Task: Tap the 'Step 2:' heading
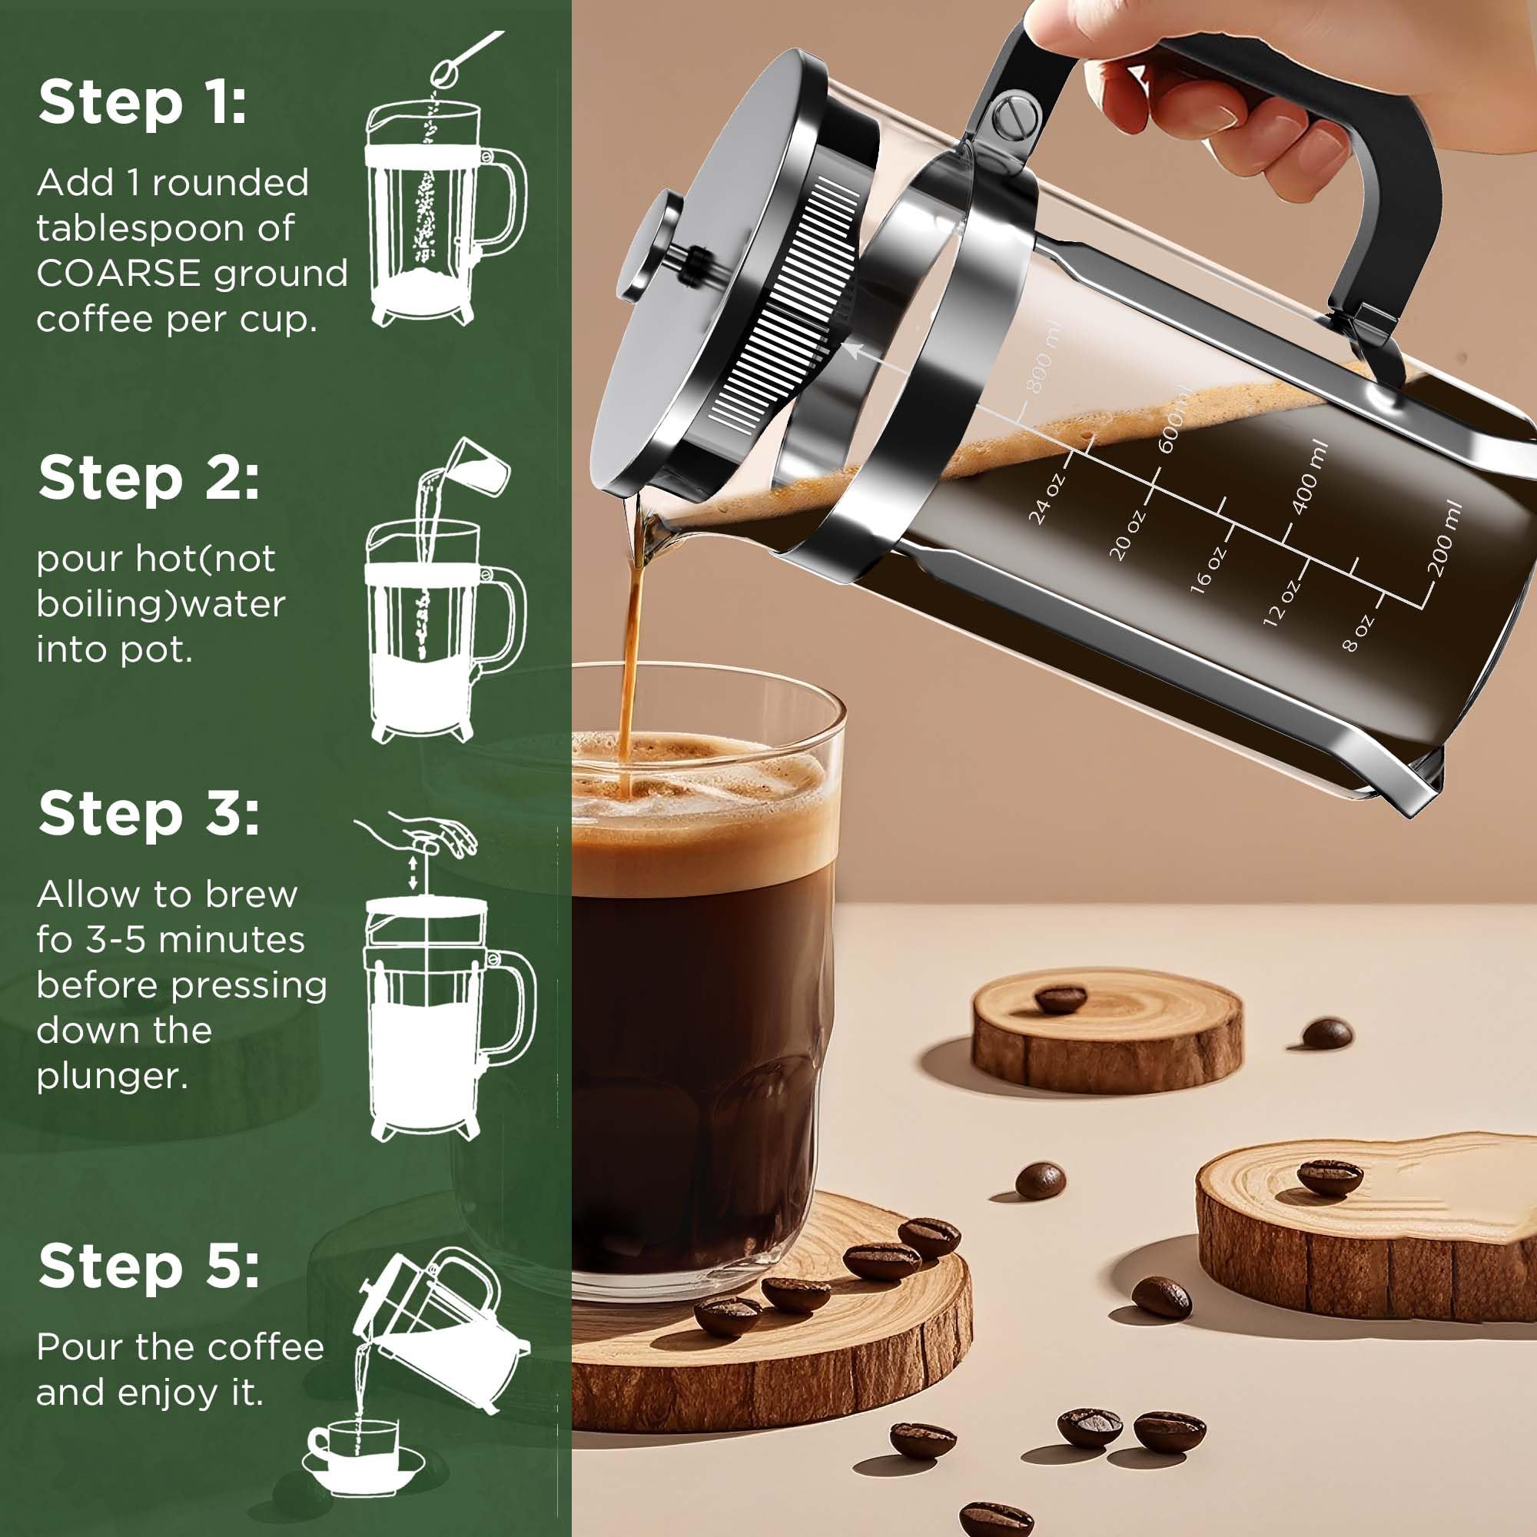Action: pos(148,479)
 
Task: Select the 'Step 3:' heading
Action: pos(148,815)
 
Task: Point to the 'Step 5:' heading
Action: pos(148,1266)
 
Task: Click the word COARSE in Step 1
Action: pos(118,274)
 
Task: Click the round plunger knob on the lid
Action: pos(649,246)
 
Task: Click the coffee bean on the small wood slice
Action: pos(1061,998)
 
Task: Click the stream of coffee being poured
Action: pos(632,636)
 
